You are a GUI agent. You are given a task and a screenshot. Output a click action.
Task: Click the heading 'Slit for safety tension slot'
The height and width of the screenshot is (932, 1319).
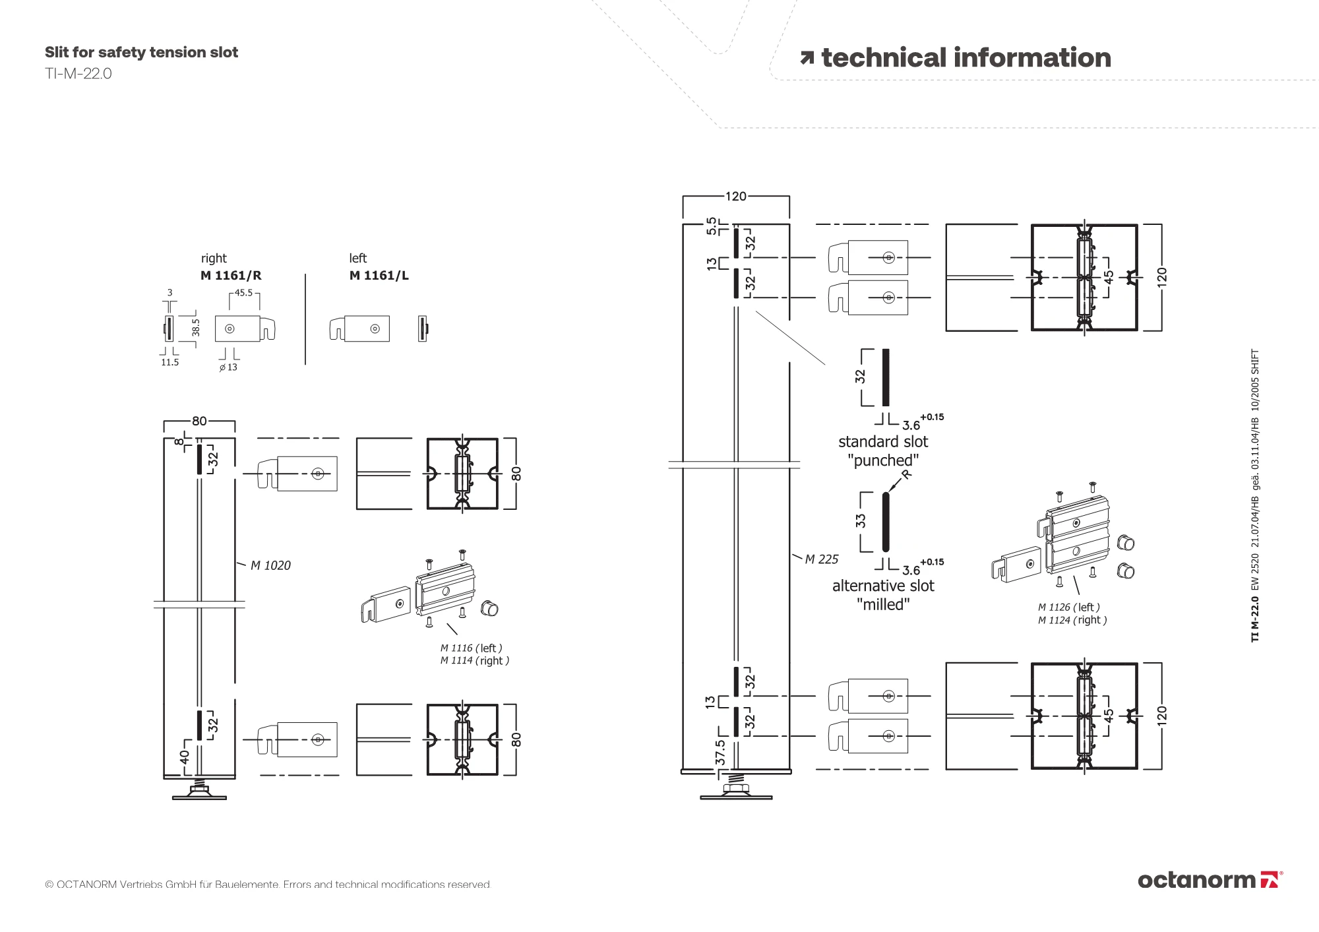(141, 52)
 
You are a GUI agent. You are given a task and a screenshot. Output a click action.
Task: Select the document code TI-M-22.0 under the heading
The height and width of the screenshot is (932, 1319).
(78, 73)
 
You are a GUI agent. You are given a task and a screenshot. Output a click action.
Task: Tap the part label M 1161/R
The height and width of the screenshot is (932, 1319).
(231, 276)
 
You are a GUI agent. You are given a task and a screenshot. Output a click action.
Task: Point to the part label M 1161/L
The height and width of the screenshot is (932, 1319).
(379, 276)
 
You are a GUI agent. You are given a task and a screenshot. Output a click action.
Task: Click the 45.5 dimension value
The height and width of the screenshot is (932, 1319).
(243, 293)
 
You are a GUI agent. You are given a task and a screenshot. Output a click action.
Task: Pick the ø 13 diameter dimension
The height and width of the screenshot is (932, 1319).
(228, 367)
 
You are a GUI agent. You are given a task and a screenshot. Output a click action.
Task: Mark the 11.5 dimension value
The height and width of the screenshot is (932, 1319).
(169, 362)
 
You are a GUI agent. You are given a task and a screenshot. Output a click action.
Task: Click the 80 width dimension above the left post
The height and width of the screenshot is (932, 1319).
(199, 421)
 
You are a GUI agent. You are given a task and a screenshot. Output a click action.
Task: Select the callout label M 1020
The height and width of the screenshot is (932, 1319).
(270, 565)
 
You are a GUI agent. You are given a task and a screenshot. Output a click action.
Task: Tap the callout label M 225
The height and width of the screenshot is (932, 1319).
(822, 559)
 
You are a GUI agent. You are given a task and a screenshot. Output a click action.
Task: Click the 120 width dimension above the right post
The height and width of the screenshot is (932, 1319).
(735, 196)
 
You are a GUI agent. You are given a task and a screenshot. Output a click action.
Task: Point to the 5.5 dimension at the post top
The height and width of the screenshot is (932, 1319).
(711, 226)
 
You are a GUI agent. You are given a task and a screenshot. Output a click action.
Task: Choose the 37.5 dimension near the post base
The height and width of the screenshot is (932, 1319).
(720, 752)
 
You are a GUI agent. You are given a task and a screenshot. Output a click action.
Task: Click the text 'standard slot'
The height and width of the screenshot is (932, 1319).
(882, 441)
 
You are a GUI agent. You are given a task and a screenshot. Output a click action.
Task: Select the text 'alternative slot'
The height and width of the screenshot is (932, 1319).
(882, 586)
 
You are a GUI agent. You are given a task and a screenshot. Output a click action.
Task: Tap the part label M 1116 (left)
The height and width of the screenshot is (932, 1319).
(471, 648)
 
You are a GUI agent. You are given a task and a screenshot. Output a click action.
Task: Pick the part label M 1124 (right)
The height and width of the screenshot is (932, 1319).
(1072, 620)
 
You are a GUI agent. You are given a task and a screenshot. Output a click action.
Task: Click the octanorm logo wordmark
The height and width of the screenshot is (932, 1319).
(1196, 880)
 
